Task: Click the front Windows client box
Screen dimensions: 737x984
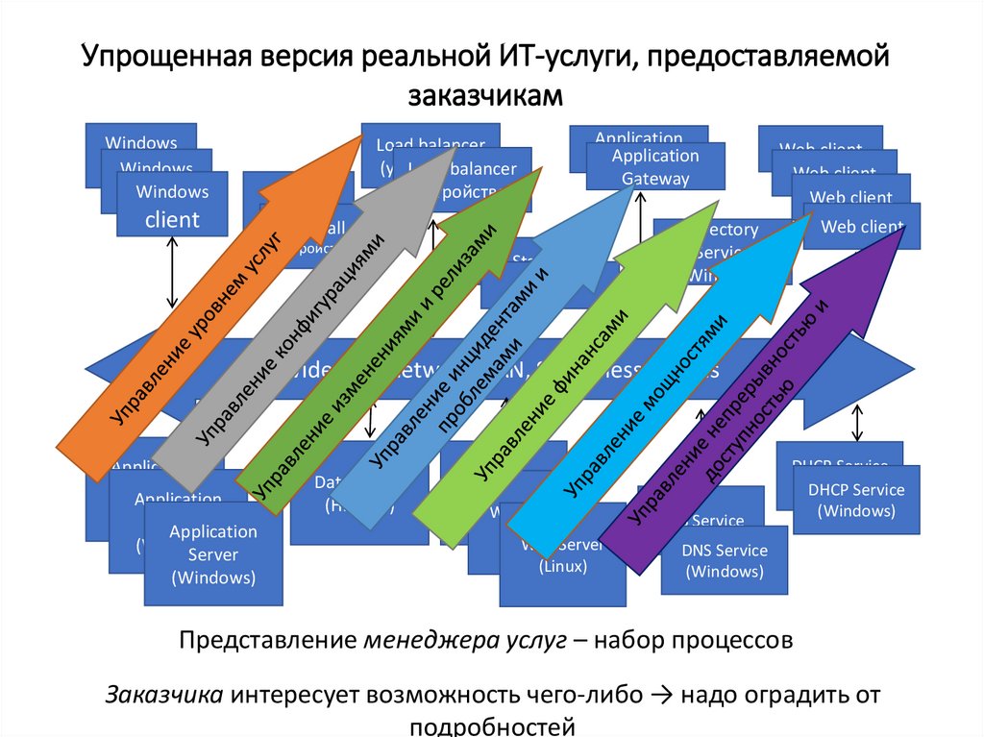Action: click(x=172, y=205)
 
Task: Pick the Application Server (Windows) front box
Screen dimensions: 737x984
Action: click(x=213, y=555)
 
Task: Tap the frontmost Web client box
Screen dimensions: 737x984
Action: click(x=863, y=228)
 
